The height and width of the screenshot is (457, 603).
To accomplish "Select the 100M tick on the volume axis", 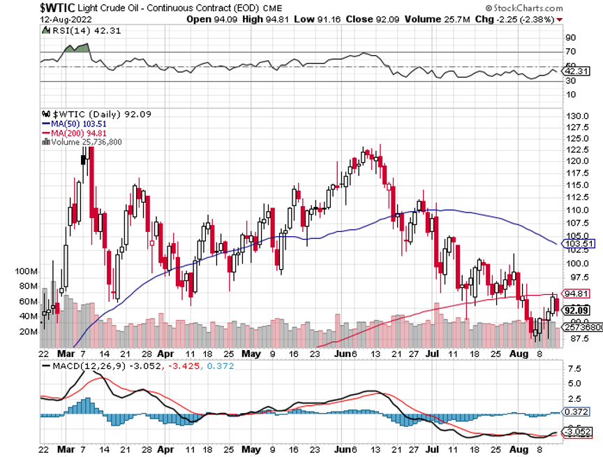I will click(30, 270).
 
